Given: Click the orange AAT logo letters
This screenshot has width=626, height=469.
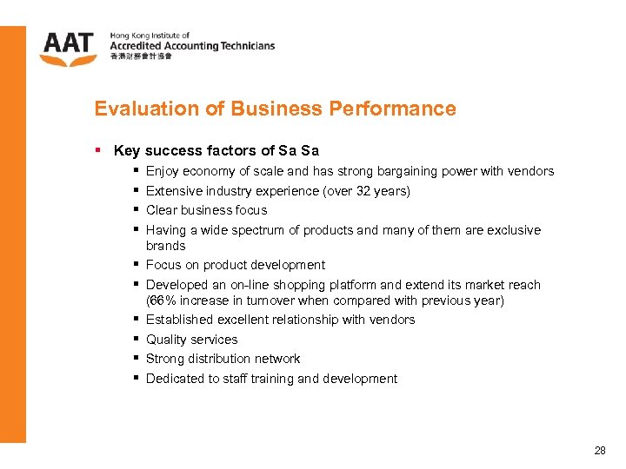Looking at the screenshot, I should pos(68,43).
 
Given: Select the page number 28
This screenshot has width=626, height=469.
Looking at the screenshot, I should pos(600,451).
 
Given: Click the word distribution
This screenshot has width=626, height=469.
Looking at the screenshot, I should pos(217,359).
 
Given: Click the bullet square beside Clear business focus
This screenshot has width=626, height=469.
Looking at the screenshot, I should pos(137,210).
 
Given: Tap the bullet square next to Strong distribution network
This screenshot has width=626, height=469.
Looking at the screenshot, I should pos(137,359).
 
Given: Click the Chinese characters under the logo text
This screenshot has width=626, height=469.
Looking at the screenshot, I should pos(141,56).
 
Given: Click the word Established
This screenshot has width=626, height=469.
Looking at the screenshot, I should pos(178,320).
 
